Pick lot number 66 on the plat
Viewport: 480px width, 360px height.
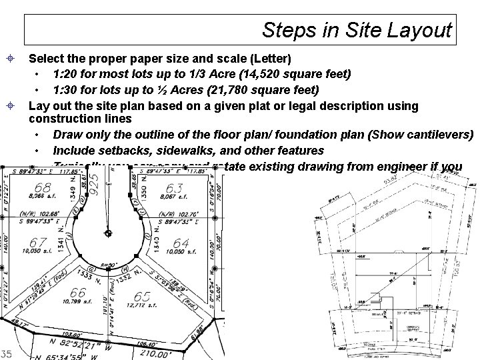tap(78, 292)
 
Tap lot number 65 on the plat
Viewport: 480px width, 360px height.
tap(142, 296)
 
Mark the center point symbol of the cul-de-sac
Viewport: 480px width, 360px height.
tap(108, 233)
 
